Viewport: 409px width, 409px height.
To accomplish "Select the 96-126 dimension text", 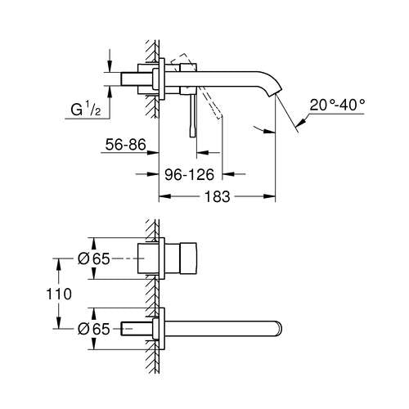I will tap(191, 173).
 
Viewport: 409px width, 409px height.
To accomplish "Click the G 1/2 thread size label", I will tap(84, 109).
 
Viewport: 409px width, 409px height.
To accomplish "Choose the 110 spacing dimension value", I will tap(70, 293).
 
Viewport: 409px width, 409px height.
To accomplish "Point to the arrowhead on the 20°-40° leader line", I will tap(298, 124).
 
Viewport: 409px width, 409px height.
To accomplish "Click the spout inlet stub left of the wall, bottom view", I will tap(137, 329).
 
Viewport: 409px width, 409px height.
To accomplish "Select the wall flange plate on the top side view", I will tap(166, 78).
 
